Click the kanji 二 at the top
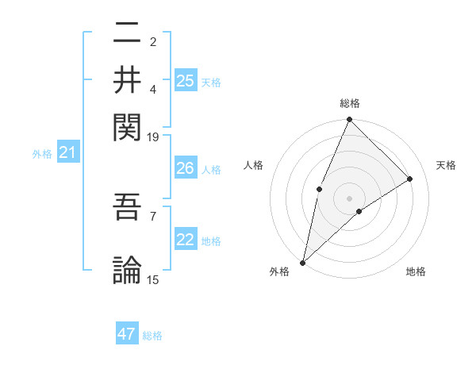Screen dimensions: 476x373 tap(127, 33)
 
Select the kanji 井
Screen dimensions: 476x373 tap(127, 79)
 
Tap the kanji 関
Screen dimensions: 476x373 tap(127, 125)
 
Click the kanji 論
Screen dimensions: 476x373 tap(127, 268)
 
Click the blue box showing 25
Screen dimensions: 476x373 tap(185, 80)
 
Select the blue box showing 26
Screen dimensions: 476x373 tap(185, 168)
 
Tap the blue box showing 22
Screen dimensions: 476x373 tap(185, 240)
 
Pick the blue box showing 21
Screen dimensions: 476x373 tap(67, 152)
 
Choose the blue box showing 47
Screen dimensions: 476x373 tap(127, 334)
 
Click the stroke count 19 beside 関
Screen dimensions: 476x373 tap(153, 137)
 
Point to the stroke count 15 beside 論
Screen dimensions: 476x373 tap(153, 279)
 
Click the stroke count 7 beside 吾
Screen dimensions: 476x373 tap(153, 215)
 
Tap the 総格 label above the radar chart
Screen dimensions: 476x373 tap(350, 103)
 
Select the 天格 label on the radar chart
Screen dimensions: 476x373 tap(447, 165)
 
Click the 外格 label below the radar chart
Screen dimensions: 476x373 tap(279, 271)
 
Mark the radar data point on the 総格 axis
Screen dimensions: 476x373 tap(349, 120)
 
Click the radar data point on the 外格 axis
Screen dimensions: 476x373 tap(303, 262)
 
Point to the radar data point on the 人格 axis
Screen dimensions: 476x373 tap(319, 189)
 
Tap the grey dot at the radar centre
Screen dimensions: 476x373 tap(349, 198)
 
